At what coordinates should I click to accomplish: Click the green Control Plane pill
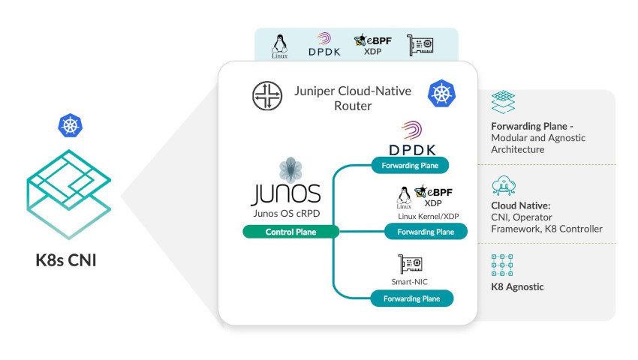click(x=290, y=232)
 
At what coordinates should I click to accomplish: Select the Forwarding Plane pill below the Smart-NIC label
click(x=412, y=298)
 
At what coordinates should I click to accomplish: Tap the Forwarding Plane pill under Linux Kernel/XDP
click(x=426, y=232)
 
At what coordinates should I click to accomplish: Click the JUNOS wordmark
click(x=285, y=193)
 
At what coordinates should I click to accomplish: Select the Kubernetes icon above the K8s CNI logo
click(x=70, y=126)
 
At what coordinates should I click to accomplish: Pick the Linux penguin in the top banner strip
click(x=281, y=44)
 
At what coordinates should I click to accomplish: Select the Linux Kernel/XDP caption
click(x=429, y=216)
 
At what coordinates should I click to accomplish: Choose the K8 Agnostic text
click(x=517, y=286)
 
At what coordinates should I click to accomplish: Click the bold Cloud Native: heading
click(x=522, y=205)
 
